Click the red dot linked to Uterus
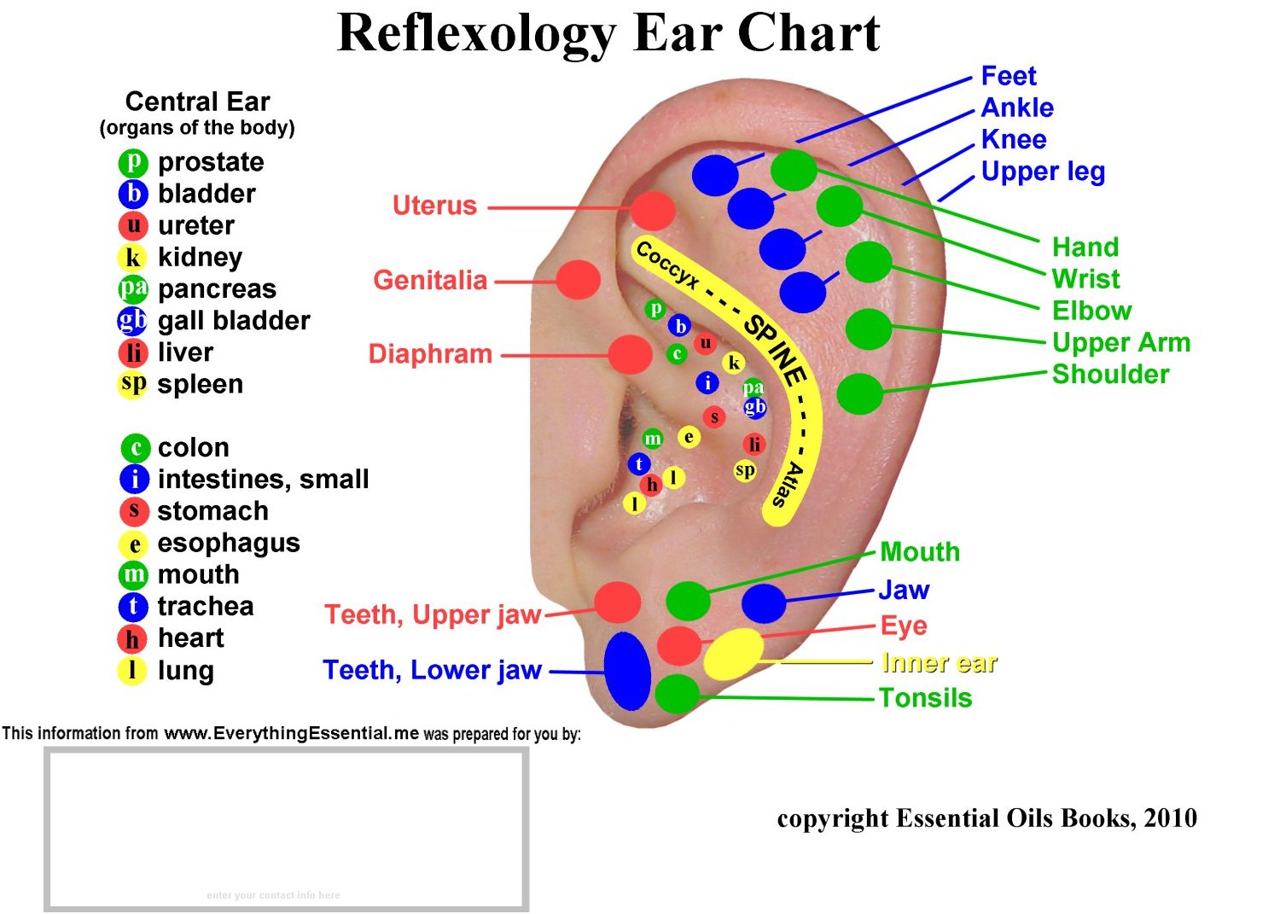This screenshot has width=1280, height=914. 653,209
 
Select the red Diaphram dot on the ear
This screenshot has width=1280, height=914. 631,354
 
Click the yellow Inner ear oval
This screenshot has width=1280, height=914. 733,655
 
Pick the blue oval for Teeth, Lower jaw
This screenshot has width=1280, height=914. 627,671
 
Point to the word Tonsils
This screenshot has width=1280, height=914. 925,698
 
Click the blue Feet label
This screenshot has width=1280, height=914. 1008,76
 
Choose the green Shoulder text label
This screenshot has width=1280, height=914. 1110,374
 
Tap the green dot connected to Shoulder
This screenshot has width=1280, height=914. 860,393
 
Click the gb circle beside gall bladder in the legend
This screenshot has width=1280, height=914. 132,321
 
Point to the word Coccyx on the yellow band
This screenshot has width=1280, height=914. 667,264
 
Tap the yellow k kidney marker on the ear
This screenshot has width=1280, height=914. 733,363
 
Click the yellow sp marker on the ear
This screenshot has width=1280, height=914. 745,470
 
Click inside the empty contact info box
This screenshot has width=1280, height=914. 286,828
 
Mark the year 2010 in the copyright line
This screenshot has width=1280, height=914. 1170,818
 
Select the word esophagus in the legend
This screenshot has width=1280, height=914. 229,543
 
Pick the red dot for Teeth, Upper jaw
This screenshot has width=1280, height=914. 617,603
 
